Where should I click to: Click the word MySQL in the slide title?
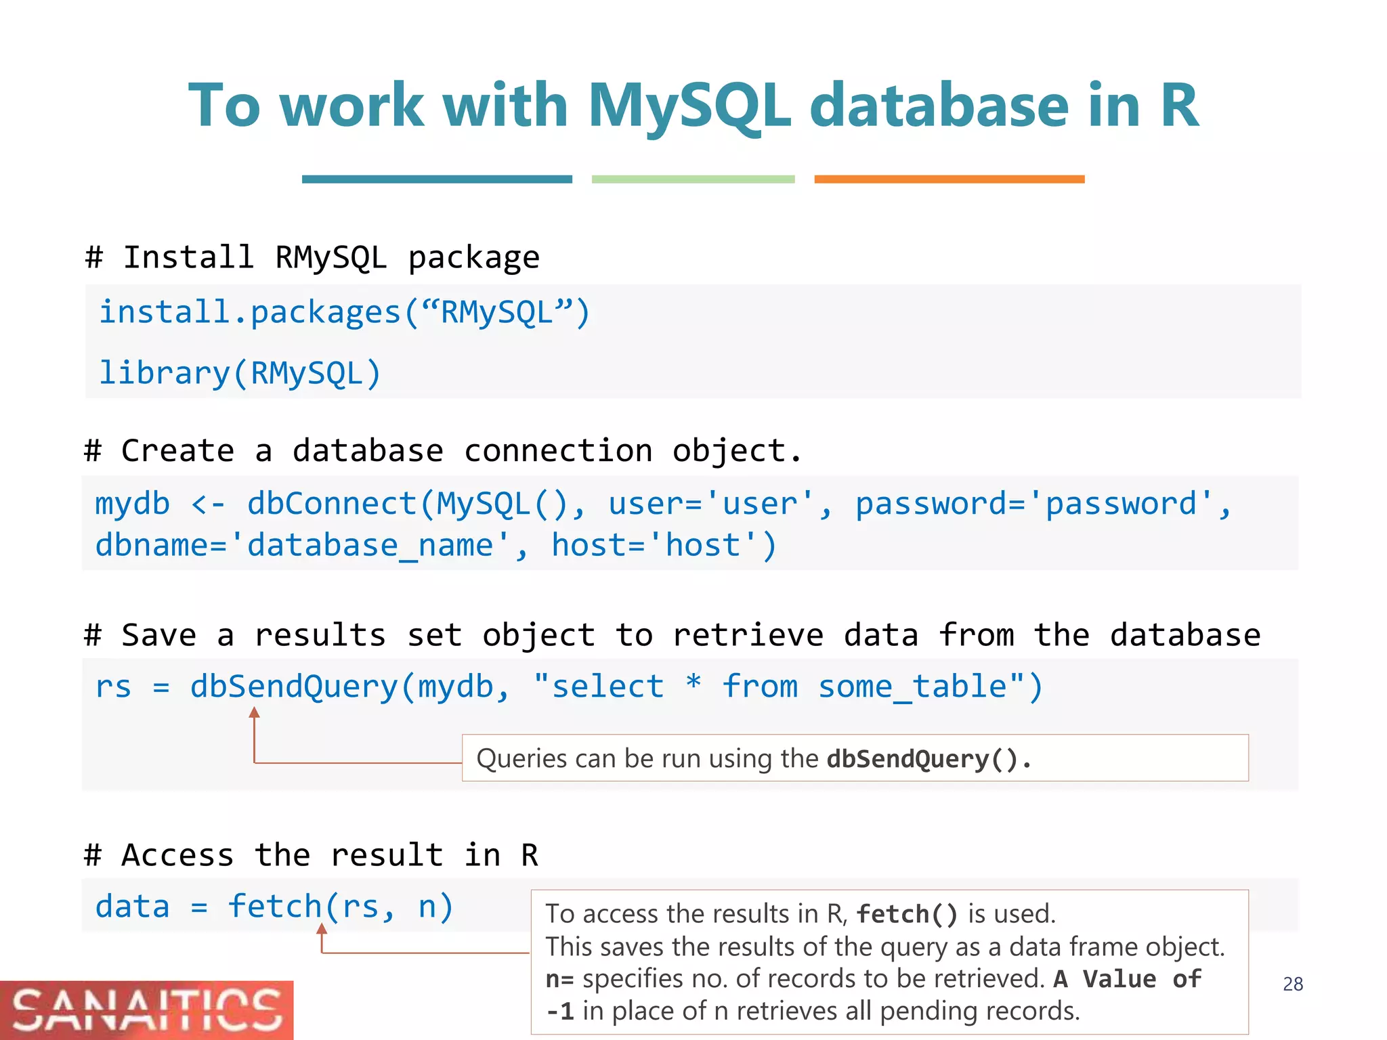coord(689,106)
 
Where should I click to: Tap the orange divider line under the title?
coord(949,179)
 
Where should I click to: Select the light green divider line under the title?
coord(693,179)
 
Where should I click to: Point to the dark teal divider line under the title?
coord(437,179)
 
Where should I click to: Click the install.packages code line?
coord(345,313)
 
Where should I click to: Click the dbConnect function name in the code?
coord(332,504)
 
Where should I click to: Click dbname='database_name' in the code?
coord(302,546)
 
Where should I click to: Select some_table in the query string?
coord(913,687)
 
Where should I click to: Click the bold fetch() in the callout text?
coord(907,914)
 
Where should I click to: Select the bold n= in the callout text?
coord(559,979)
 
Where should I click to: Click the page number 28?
coord(1292,984)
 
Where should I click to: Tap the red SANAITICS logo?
coord(146,1010)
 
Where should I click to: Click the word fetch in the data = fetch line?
coord(274,907)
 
